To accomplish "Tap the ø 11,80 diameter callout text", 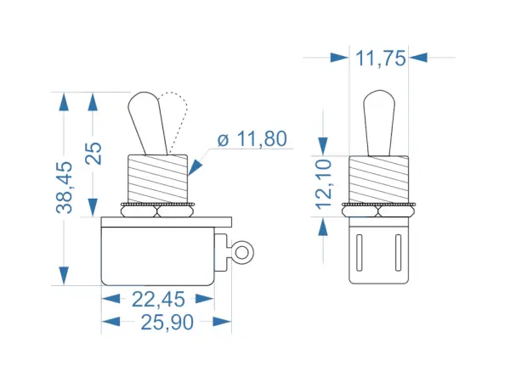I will [x=252, y=139].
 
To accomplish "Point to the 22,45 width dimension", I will [x=157, y=299].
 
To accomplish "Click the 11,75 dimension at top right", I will [x=380, y=58].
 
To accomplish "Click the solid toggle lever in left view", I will [x=145, y=123].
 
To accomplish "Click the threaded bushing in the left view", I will [x=156, y=179].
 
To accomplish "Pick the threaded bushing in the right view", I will [x=379, y=179].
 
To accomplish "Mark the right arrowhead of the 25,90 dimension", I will [x=223, y=322].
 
